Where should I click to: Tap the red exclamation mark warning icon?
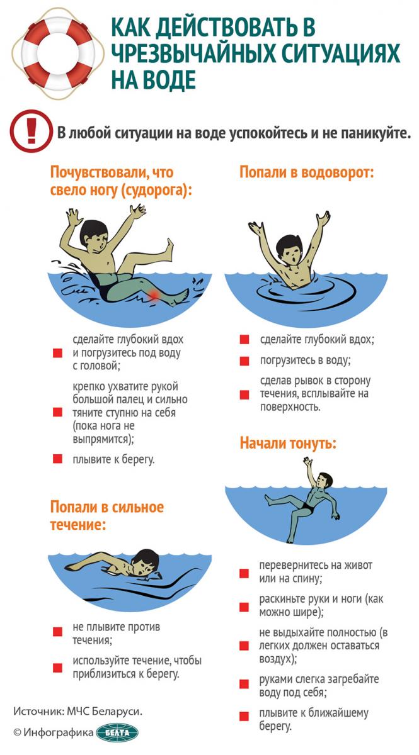(x=32, y=130)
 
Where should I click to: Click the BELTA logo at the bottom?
(x=117, y=732)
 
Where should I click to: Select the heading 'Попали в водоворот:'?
(x=307, y=172)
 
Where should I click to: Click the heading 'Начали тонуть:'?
(x=288, y=443)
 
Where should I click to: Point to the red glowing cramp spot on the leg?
(x=154, y=295)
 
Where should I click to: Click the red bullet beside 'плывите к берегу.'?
(x=57, y=459)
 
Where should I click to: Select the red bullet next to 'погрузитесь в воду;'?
(x=244, y=361)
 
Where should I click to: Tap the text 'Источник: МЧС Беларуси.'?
(x=77, y=711)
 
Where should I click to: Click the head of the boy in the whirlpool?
(x=289, y=250)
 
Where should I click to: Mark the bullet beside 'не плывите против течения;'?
(x=57, y=631)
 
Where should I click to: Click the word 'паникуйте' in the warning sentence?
(x=374, y=133)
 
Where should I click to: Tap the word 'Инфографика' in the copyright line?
(x=58, y=732)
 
